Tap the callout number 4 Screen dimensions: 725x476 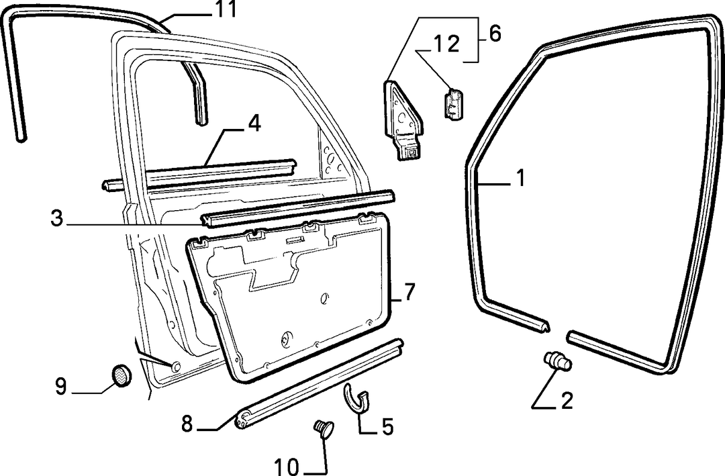[x=254, y=124]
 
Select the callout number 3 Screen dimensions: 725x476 [x=56, y=218]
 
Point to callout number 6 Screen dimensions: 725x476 [x=494, y=34]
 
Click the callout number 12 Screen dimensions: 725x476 [x=446, y=44]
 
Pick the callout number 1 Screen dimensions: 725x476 [x=521, y=178]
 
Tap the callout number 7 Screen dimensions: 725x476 [x=409, y=291]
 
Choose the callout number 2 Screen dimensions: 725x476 [x=567, y=401]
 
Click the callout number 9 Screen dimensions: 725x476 [x=61, y=386]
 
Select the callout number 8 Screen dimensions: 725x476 [x=187, y=423]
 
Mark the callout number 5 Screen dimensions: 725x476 [x=387, y=426]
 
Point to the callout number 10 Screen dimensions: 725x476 [x=287, y=467]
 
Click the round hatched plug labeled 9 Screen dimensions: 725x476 [x=121, y=375]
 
